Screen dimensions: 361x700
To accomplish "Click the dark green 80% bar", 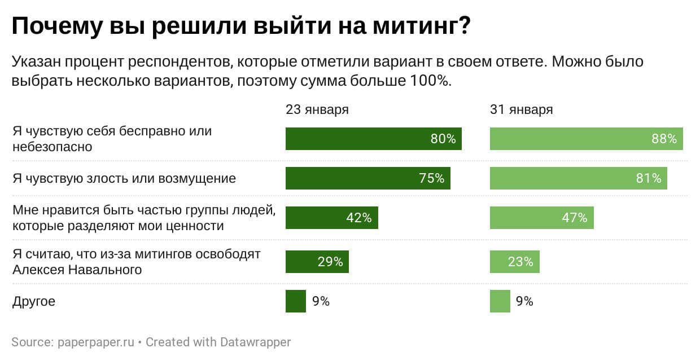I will (373, 139).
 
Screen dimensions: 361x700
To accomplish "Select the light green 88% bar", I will (586, 139).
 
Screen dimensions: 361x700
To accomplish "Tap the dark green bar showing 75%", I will (368, 178).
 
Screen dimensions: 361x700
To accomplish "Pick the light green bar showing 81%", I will (579, 178).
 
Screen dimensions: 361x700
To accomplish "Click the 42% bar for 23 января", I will (331, 218).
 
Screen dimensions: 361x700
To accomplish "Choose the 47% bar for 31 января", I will (541, 218).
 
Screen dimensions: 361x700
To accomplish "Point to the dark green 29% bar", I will (317, 262).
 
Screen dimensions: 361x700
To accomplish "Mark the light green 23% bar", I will (514, 262).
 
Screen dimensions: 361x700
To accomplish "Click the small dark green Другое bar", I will (295, 301).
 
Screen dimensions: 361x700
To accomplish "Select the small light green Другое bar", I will (500, 301).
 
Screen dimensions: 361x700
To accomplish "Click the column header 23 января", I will (317, 109).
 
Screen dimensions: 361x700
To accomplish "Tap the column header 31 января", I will (521, 109).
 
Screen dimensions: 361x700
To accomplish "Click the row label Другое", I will (34, 301).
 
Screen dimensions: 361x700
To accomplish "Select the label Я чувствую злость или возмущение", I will (124, 178).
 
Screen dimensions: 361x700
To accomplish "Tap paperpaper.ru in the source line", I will (95, 342).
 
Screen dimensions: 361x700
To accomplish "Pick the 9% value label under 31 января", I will (524, 301).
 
